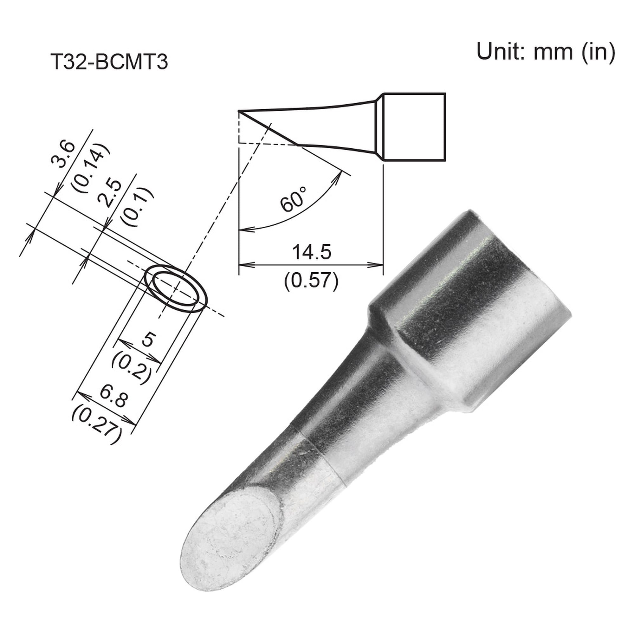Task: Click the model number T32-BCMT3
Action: [109, 62]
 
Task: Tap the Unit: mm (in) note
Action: [546, 52]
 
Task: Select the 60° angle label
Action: [293, 199]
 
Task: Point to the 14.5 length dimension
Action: [311, 252]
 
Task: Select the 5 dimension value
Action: [147, 340]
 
